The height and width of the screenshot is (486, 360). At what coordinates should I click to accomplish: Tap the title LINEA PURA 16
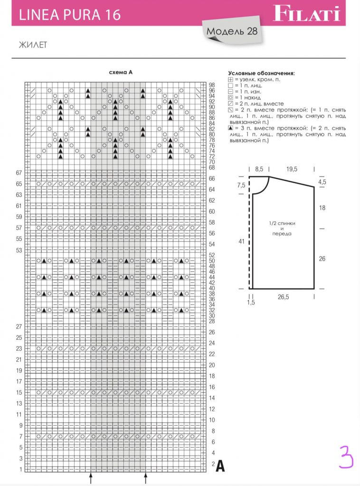tap(69, 15)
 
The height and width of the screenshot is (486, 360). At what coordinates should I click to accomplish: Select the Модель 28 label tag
tap(232, 32)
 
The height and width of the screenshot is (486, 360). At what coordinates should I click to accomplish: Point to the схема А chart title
tap(121, 73)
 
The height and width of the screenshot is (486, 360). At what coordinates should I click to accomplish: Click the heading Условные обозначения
tap(261, 73)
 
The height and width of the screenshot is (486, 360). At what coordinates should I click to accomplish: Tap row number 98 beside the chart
tap(212, 85)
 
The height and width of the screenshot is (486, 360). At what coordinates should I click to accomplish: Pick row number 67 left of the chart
tap(19, 173)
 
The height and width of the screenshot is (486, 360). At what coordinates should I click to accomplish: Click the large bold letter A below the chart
tap(220, 467)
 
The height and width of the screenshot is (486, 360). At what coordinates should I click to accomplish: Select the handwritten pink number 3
tap(346, 457)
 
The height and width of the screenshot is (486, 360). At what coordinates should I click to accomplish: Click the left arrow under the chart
tap(91, 477)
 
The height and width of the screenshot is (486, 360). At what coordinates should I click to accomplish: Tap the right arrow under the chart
tap(146, 477)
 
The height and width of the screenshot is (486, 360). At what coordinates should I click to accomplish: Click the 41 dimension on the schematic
tap(241, 242)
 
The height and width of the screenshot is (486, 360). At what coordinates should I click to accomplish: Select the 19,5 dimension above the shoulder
tap(292, 168)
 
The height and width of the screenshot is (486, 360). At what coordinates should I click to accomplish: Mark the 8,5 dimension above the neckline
tap(259, 168)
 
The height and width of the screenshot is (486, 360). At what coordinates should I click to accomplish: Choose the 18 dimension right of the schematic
tap(322, 208)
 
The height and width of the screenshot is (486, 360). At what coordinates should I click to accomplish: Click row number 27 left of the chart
tap(19, 327)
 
